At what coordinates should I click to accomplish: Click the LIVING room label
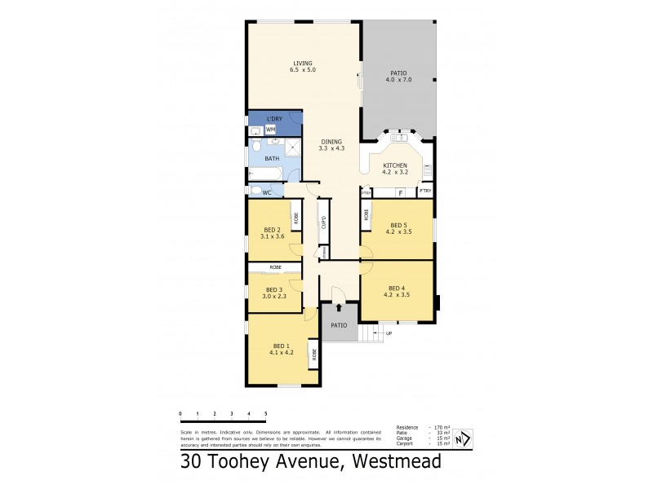[x=302, y=64]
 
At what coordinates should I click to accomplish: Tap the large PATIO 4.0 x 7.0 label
[x=399, y=73]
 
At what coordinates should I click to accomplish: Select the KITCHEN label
[x=395, y=165]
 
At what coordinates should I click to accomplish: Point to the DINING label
[x=331, y=142]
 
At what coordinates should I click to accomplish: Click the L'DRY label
[x=273, y=119]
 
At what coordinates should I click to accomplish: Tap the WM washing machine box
[x=270, y=130]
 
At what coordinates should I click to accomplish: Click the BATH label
[x=271, y=158]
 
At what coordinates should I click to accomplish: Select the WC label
[x=267, y=192]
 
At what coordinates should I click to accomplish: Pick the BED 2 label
[x=272, y=230]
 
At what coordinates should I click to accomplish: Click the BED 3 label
[x=273, y=289]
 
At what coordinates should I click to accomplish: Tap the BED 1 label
[x=280, y=346]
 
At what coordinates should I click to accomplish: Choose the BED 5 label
[x=398, y=225]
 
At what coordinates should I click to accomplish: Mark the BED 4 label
[x=396, y=288]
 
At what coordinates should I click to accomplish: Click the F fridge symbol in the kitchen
[x=401, y=193]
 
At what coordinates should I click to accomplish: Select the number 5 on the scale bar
[x=266, y=414]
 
